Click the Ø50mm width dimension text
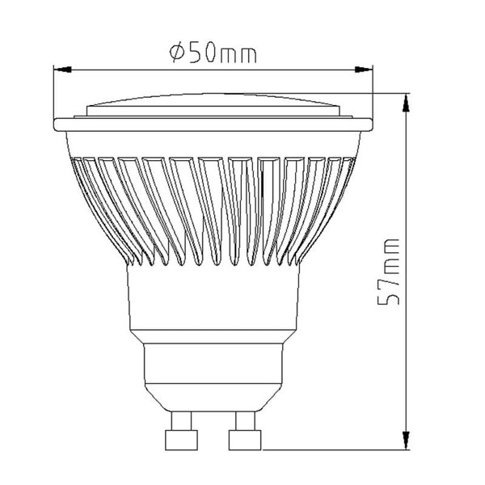pos(214,53)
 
